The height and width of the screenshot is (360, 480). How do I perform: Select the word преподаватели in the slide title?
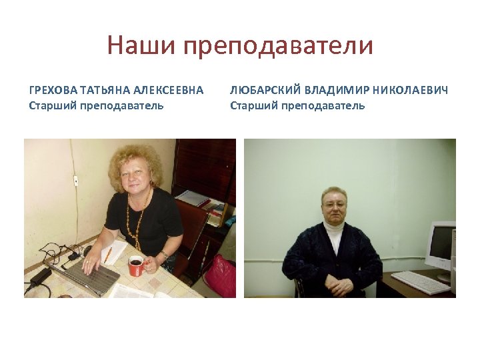[x=277, y=47]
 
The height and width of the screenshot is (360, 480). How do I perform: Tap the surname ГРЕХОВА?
[x=53, y=90]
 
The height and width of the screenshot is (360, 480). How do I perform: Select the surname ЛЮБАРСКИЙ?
[x=261, y=90]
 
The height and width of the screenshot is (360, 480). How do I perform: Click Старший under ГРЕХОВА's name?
[x=53, y=105]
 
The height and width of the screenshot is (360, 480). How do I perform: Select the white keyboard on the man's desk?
[x=420, y=281]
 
